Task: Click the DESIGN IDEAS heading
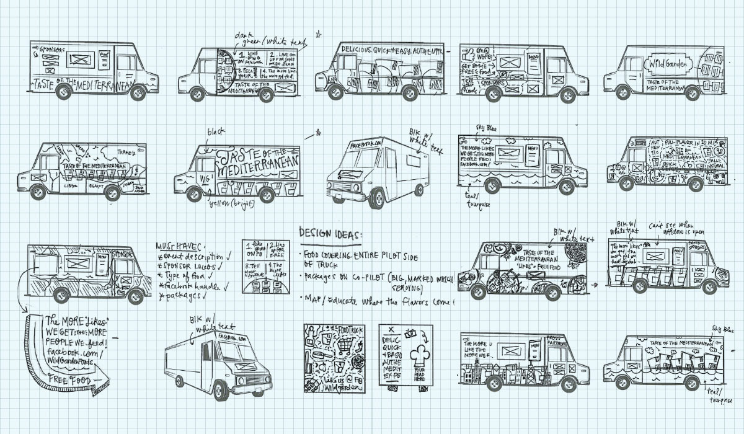[x=331, y=233]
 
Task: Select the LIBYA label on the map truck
[x=69, y=184]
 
